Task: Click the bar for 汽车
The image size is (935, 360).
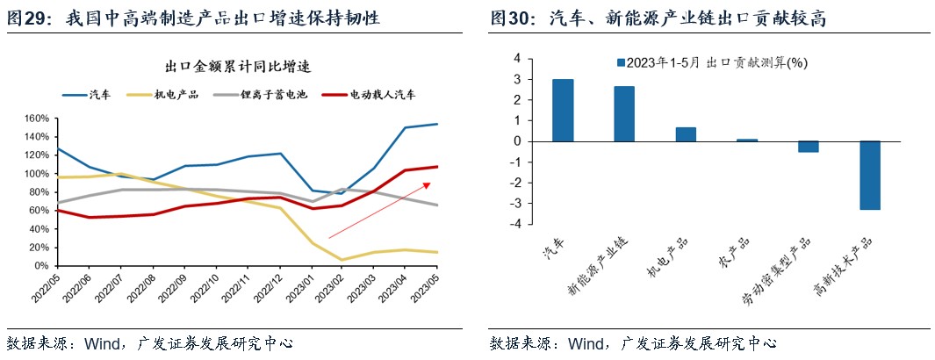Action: (563, 110)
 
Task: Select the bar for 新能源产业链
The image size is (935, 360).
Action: (624, 113)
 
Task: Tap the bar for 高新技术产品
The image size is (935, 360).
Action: (869, 175)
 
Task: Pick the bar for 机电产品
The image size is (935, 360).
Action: (686, 134)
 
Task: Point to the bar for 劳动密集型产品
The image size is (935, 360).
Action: (808, 147)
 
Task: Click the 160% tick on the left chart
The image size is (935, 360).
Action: (36, 119)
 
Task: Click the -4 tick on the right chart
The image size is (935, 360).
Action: (516, 224)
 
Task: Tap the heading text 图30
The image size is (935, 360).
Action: (513, 18)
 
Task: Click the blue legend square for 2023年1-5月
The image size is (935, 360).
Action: (622, 63)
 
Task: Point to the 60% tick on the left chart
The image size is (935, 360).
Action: (39, 211)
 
